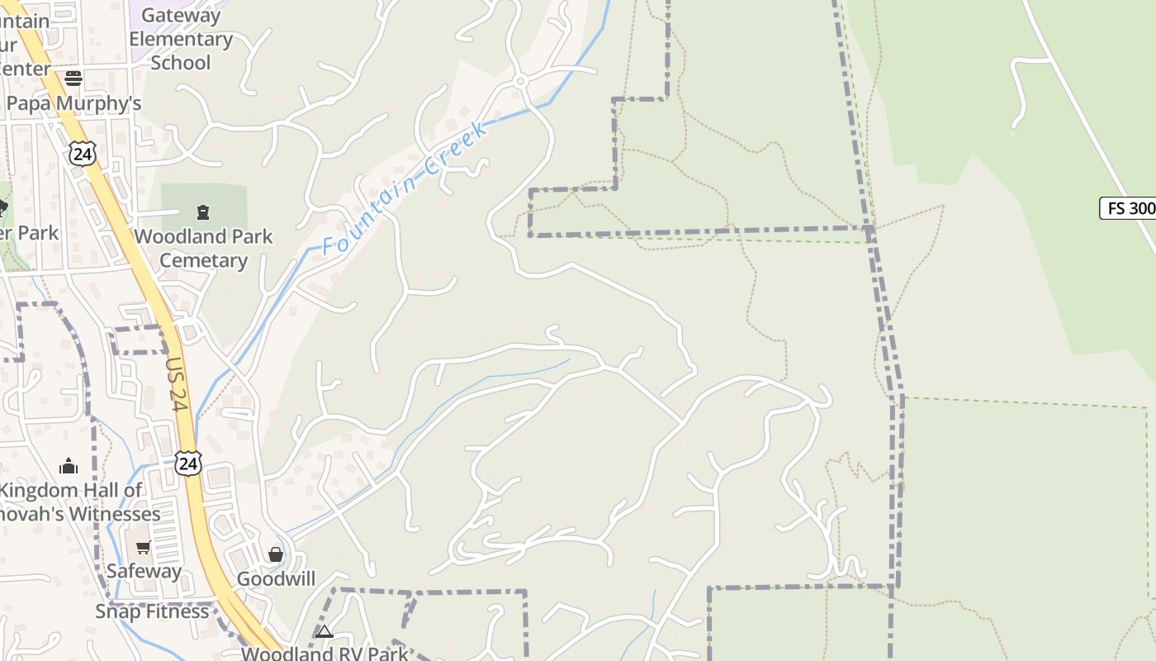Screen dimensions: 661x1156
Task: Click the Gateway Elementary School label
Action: coord(180,39)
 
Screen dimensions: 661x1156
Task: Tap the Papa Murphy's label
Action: coord(73,103)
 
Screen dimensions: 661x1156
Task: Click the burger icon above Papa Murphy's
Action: coord(73,78)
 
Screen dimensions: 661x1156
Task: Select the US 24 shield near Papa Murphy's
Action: coord(83,153)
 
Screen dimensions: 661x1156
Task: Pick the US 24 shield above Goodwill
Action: coord(188,463)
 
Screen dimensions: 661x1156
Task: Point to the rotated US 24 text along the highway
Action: coord(177,383)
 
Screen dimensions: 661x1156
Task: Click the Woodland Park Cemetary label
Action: coord(203,248)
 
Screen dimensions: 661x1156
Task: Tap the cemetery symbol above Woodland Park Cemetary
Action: coord(203,213)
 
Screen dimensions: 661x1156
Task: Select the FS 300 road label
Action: coord(1129,208)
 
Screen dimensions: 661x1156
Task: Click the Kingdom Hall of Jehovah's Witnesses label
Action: coord(74,502)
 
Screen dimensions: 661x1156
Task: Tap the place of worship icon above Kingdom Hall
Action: coord(69,466)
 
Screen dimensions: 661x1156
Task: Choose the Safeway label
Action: coord(144,571)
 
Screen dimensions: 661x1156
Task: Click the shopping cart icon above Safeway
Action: coord(144,547)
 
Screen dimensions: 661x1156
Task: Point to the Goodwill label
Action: coord(276,578)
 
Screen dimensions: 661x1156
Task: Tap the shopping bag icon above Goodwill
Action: coord(276,554)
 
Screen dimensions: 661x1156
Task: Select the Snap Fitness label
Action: coord(152,611)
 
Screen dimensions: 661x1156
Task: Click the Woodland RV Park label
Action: coord(325,654)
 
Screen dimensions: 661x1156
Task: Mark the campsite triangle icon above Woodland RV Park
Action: coord(325,632)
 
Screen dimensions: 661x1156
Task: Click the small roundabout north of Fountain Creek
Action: coord(521,81)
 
